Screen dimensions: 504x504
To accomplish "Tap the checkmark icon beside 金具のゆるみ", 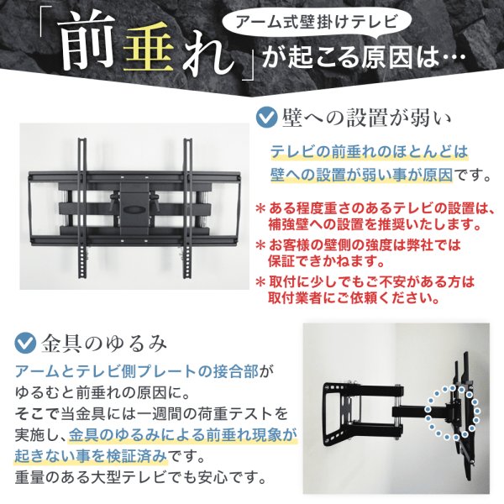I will tap(27, 343).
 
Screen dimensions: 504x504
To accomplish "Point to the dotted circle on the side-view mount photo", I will tap(451, 412).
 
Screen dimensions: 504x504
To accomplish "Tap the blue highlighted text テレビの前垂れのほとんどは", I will tap(368, 152).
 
